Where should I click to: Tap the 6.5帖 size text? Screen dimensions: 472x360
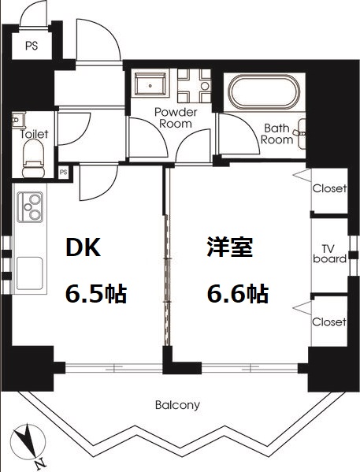coord(95,295)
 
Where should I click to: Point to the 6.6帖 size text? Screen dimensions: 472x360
coord(237,295)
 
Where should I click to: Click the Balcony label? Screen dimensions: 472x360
coord(177,405)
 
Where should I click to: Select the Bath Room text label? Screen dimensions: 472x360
coord(277,133)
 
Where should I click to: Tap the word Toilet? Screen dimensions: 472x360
coord(33,134)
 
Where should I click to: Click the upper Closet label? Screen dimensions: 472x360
coord(329,188)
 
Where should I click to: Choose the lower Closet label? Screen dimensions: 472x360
coord(329,321)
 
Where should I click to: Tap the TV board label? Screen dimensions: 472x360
coord(329,253)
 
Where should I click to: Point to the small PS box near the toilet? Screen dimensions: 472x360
coord(64,171)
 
